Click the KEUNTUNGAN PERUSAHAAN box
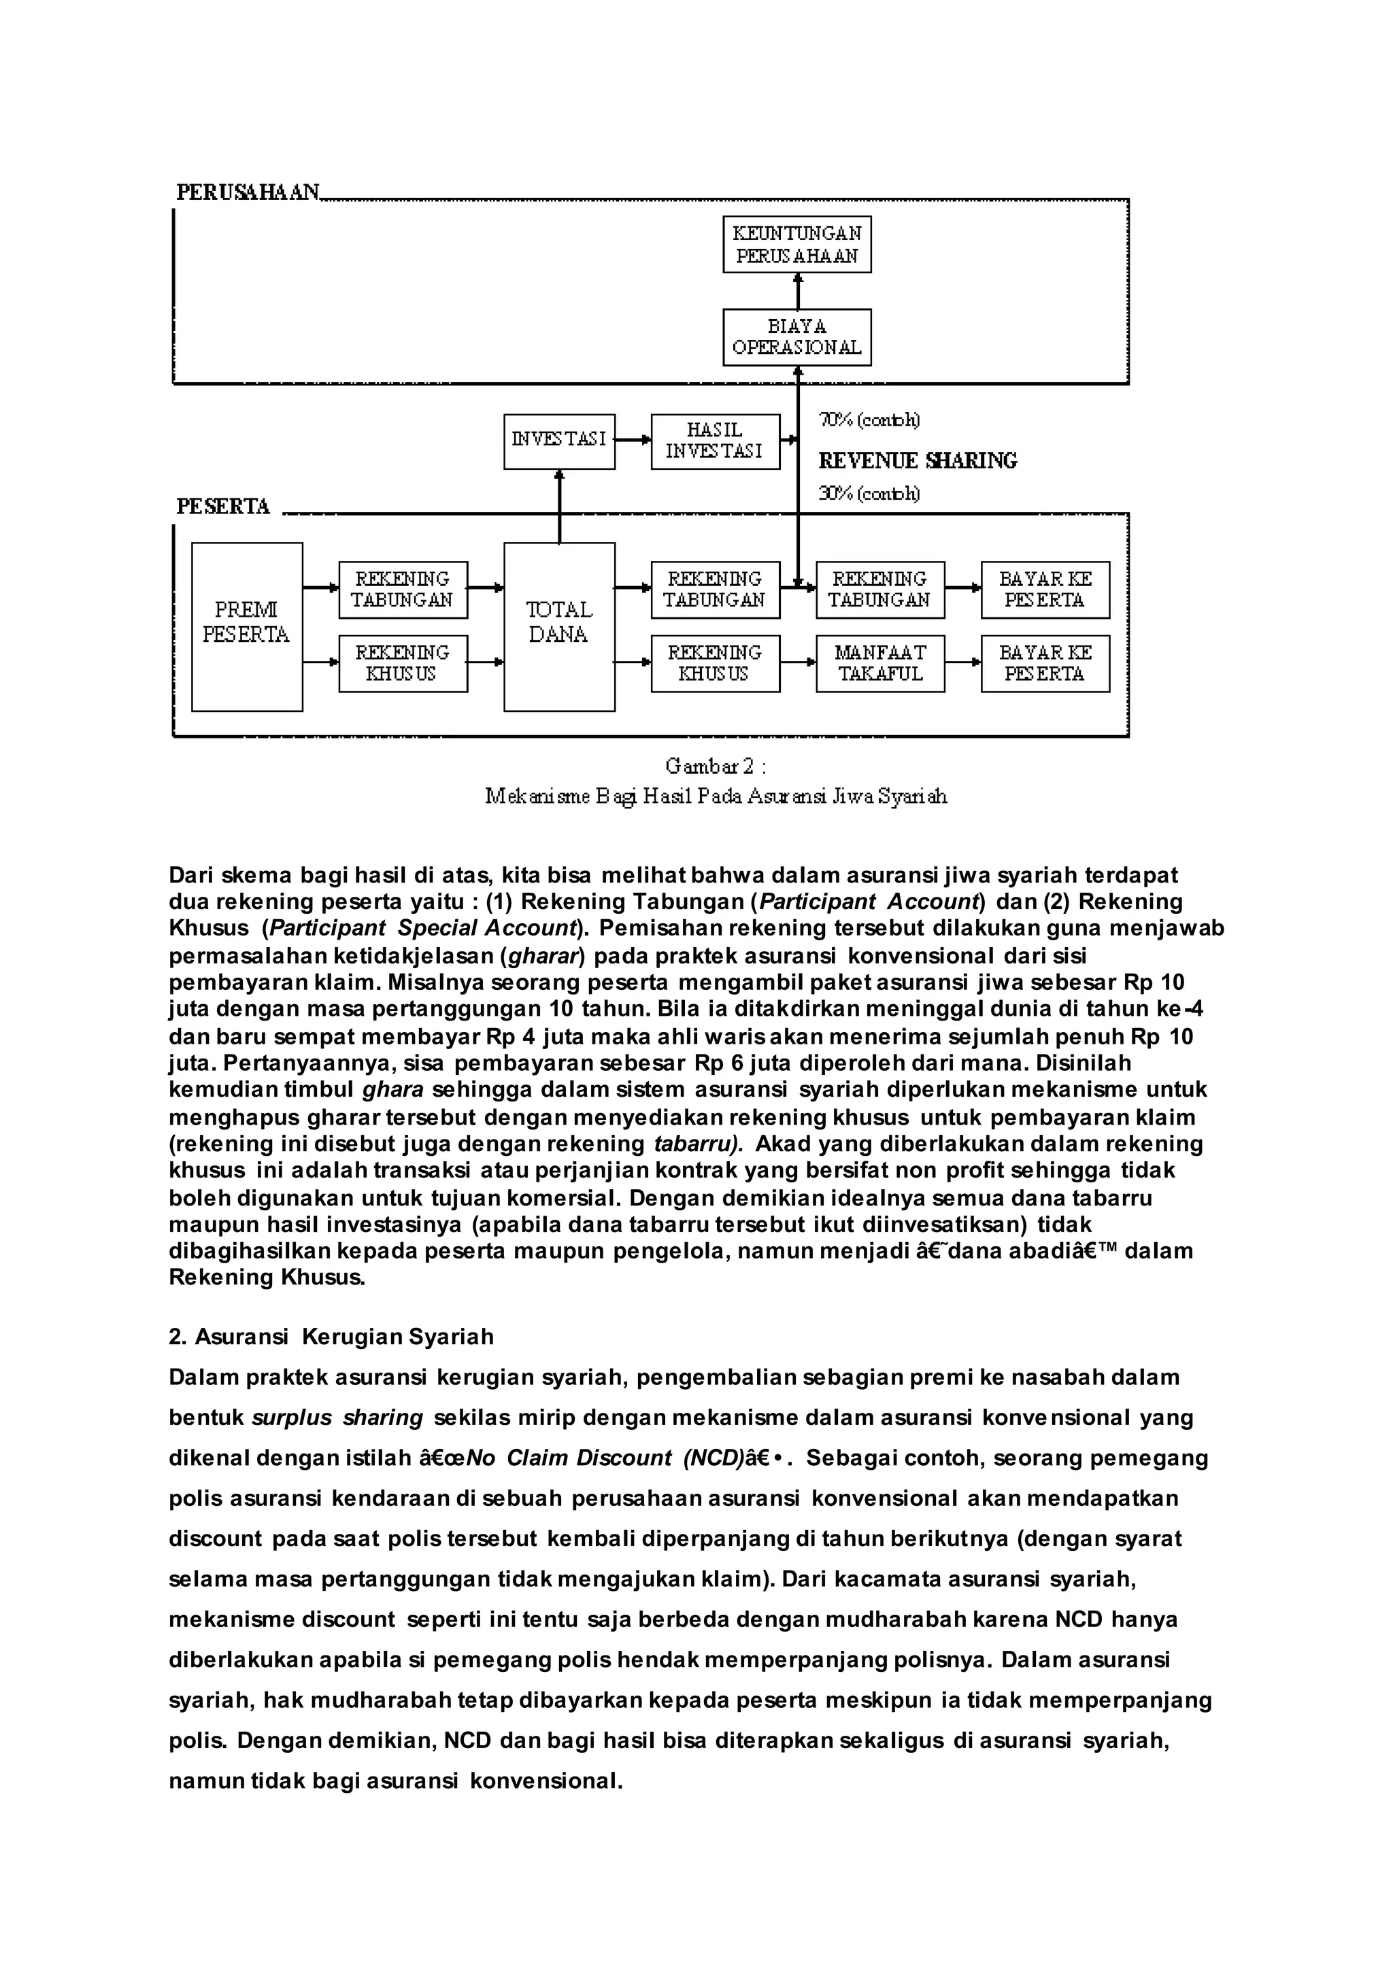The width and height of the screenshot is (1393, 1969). pos(797,244)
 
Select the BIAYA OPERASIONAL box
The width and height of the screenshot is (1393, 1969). pos(797,337)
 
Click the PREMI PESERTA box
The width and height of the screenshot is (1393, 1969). pos(247,626)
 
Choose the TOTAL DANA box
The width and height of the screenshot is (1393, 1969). pos(559,626)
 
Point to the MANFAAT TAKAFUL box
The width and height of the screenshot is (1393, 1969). pos(880,663)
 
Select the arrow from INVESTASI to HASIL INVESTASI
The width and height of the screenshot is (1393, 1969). pos(633,441)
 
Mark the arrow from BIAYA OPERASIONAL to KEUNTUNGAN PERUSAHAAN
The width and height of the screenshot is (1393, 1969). pos(798,291)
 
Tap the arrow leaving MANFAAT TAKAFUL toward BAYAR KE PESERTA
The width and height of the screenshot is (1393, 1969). pos(962,663)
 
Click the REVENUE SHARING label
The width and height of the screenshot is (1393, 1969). pos(918,462)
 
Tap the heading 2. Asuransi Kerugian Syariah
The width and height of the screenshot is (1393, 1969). pos(331,1337)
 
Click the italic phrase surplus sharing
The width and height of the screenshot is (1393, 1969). pos(338,1418)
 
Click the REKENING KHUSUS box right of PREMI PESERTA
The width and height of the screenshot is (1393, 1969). pos(403,663)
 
